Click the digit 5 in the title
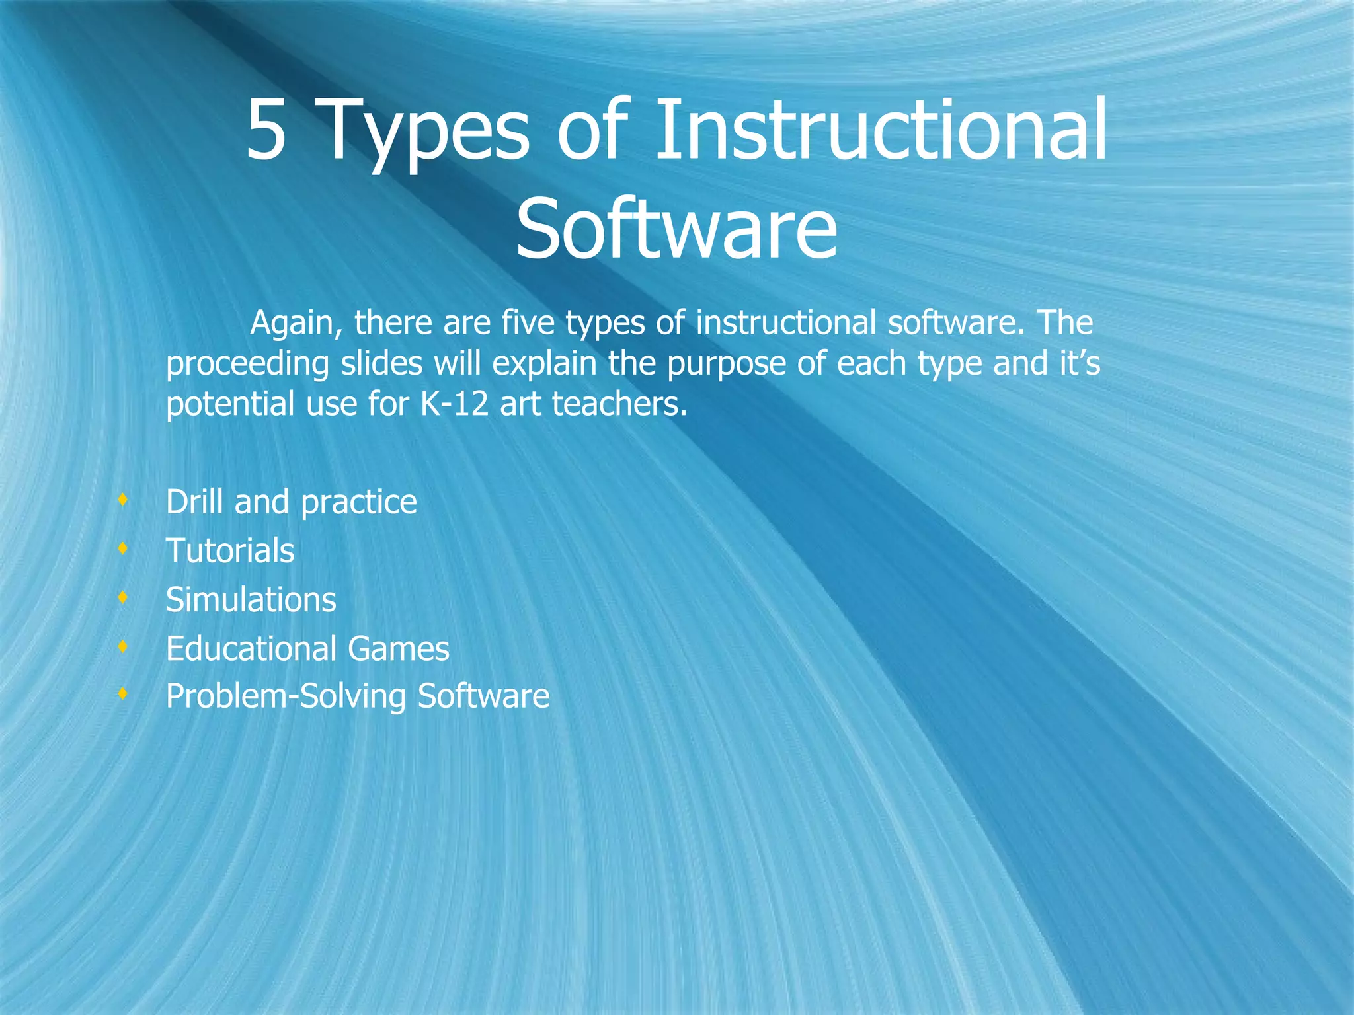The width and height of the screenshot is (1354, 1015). click(x=267, y=130)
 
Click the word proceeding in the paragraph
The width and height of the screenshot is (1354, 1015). click(x=247, y=365)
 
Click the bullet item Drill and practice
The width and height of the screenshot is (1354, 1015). click(x=291, y=502)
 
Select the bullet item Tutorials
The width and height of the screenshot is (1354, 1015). click(x=229, y=551)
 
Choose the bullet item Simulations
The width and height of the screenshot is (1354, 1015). click(x=251, y=600)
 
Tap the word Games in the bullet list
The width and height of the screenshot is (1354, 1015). click(x=398, y=649)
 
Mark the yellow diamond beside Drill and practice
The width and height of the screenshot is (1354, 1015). click(x=122, y=500)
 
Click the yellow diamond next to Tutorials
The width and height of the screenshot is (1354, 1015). click(x=122, y=548)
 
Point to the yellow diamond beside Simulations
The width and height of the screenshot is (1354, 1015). click(x=122, y=597)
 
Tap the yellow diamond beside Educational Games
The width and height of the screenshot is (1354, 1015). click(x=122, y=646)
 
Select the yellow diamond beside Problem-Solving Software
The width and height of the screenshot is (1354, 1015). click(x=122, y=695)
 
